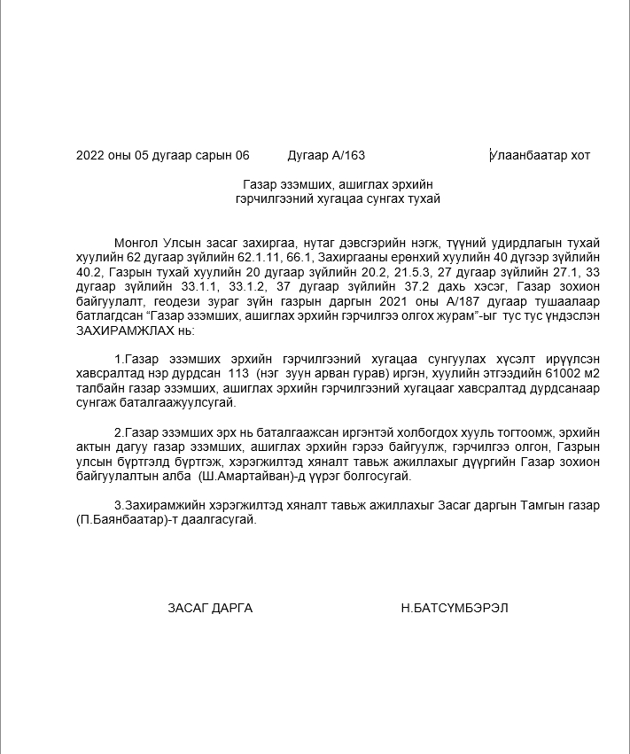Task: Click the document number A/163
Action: pos(348,156)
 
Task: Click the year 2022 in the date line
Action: pos(90,156)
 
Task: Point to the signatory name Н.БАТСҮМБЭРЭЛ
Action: pos(455,608)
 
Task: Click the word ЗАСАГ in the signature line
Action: pos(188,608)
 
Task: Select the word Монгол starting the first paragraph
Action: pos(134,243)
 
